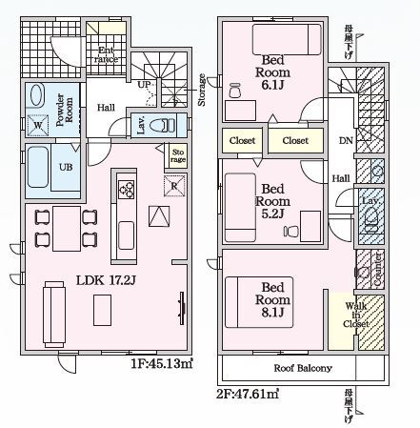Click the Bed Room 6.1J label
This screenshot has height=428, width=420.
pyautogui.click(x=279, y=74)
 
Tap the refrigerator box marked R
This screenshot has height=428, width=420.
pyautogui.click(x=173, y=185)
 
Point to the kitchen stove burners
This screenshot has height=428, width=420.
pyautogui.click(x=126, y=190)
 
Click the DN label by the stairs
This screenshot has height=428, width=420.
pyautogui.click(x=345, y=141)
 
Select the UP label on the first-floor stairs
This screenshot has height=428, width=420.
pyautogui.click(x=145, y=85)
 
